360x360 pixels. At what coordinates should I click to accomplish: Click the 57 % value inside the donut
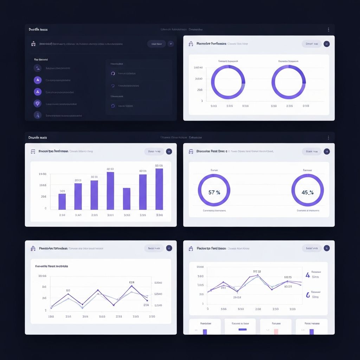click(214, 192)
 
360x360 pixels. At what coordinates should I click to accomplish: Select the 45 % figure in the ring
click(307, 192)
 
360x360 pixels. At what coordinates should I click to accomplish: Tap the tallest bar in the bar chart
click(159, 189)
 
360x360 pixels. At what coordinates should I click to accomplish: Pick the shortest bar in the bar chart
click(62, 201)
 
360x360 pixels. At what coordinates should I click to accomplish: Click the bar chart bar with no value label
click(127, 199)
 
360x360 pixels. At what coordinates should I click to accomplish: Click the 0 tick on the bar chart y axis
click(45, 208)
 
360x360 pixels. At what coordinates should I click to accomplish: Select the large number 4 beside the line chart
click(308, 275)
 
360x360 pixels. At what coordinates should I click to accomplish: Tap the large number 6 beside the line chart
click(308, 295)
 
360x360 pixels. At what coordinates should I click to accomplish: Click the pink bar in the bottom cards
click(276, 331)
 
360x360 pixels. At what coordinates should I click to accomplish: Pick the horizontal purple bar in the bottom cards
click(243, 329)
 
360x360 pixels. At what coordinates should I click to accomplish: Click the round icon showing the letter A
click(38, 80)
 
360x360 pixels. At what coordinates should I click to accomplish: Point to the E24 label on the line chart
click(132, 282)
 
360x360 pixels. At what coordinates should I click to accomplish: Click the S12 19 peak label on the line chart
click(257, 271)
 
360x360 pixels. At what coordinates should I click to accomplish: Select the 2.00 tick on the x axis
click(258, 309)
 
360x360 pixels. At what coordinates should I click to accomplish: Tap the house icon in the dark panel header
click(34, 44)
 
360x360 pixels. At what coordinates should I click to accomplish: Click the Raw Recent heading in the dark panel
click(41, 60)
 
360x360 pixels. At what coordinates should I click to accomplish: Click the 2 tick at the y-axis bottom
click(46, 310)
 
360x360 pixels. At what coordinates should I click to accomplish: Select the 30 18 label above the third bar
click(94, 177)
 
